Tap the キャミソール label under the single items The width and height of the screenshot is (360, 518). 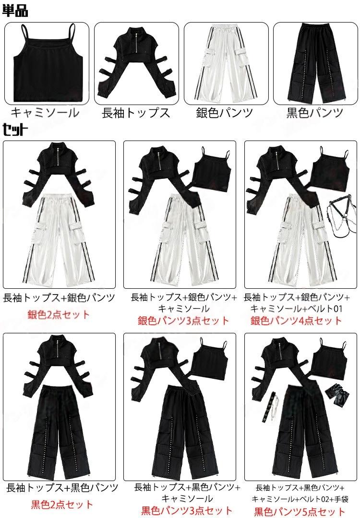click(45, 113)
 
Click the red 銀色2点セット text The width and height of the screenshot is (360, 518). click(59, 314)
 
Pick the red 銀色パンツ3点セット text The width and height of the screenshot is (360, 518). click(183, 320)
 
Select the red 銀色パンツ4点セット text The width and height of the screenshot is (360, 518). click(296, 320)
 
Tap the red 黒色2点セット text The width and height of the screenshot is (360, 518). click(62, 505)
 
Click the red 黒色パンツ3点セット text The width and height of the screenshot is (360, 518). click(187, 511)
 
